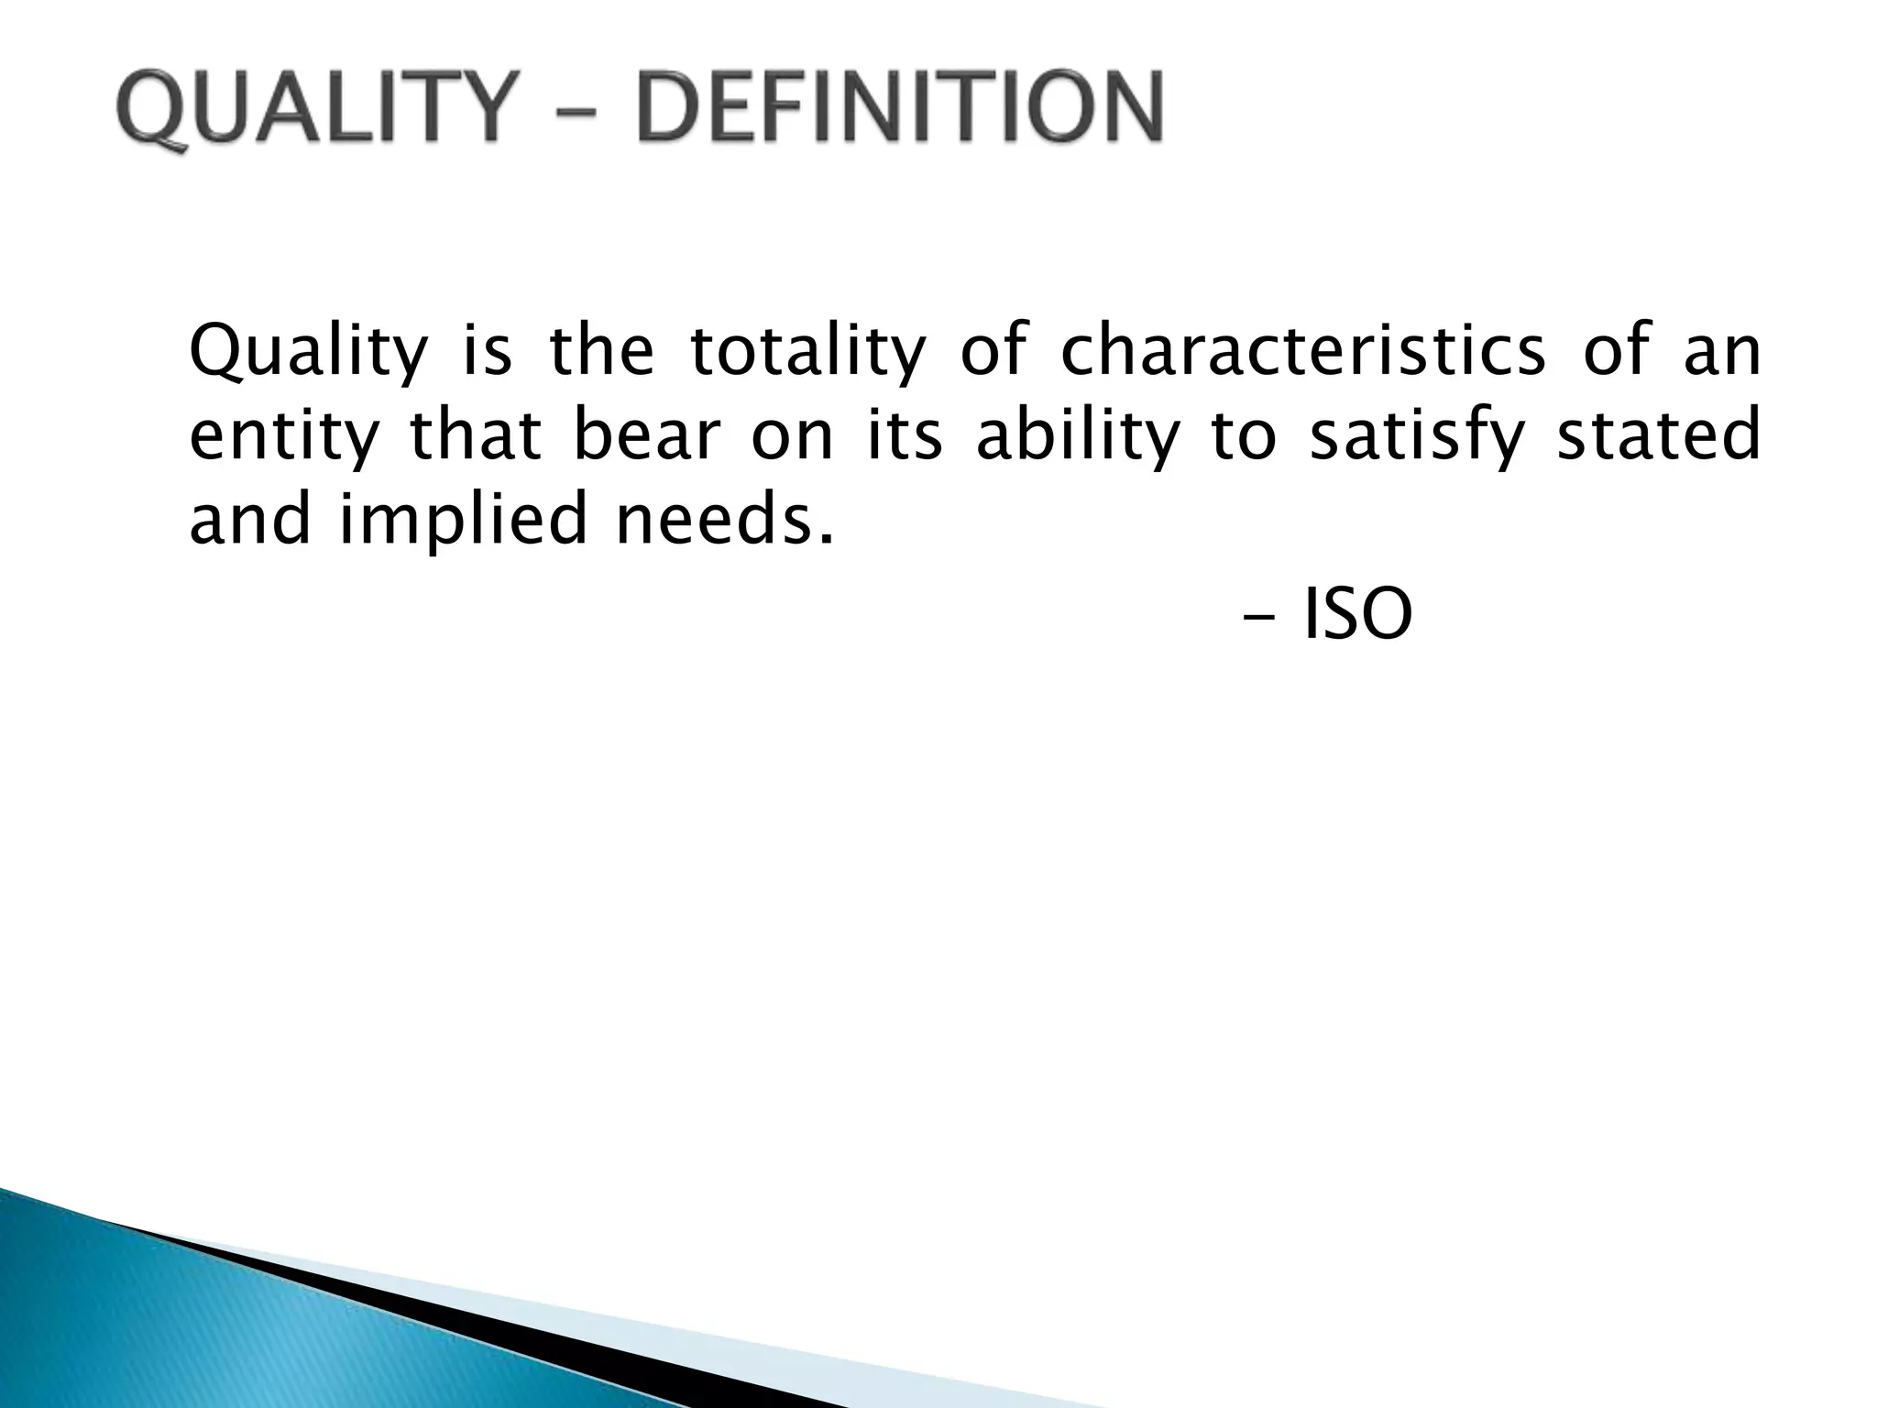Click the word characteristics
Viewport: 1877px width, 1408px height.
1302,351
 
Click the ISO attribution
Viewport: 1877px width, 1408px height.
1357,616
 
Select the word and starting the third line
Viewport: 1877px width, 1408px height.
249,519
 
